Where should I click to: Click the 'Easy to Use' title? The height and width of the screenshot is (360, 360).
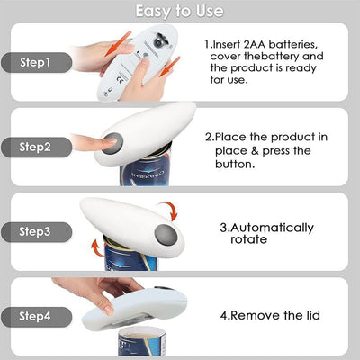pyautogui.click(x=180, y=12)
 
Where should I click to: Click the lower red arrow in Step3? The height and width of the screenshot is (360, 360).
pyautogui.click(x=92, y=248)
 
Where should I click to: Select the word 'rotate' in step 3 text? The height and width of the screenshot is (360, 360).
pyautogui.click(x=248, y=240)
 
